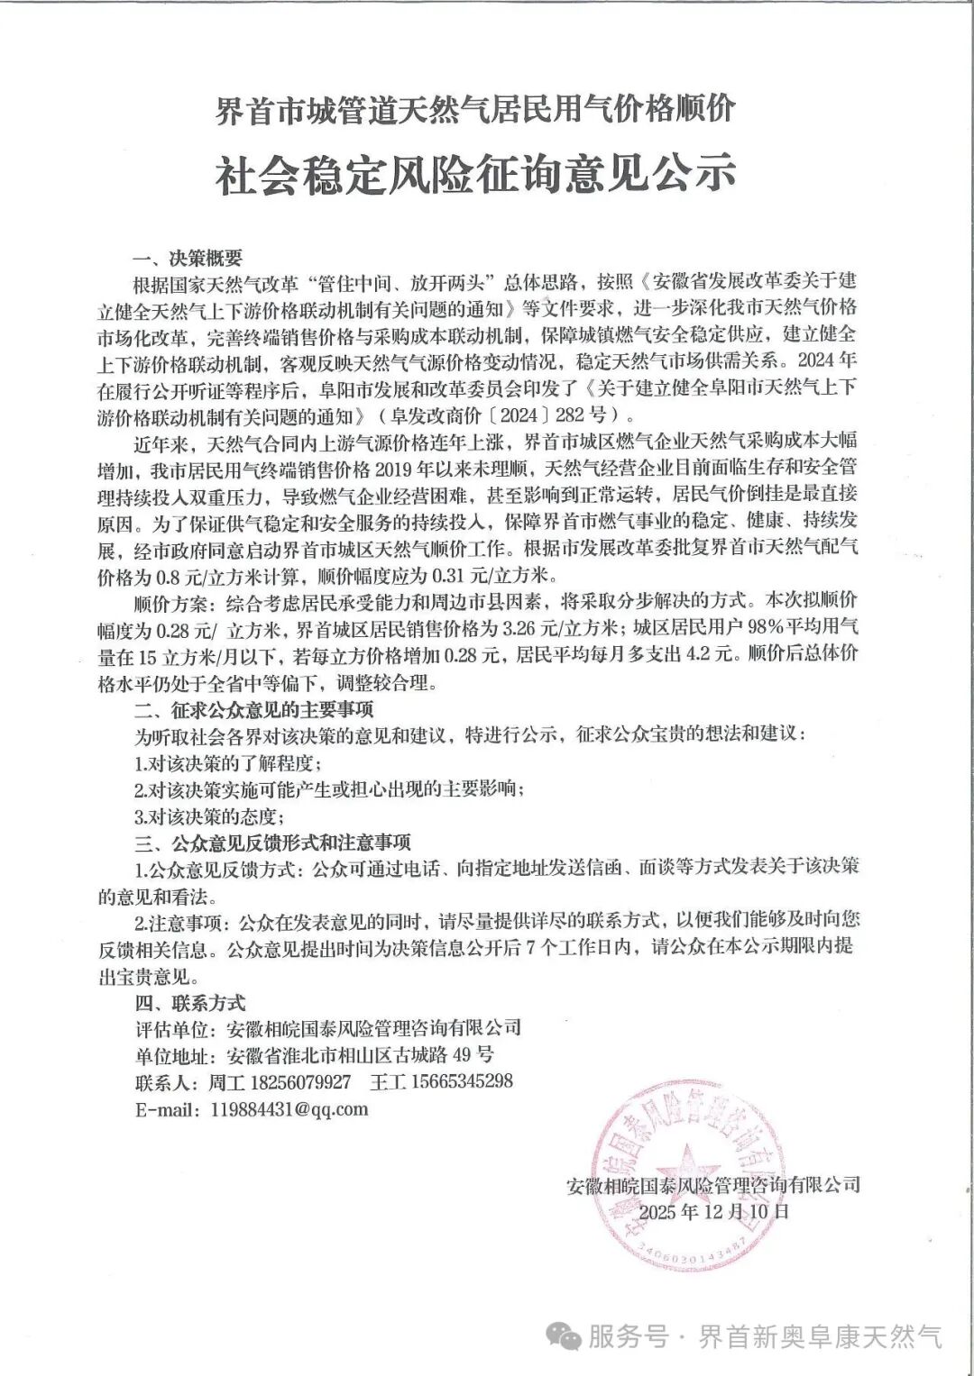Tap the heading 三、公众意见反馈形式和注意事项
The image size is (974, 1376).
271,843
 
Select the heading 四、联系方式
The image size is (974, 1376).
189,1002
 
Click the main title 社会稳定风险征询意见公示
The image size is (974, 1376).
474,173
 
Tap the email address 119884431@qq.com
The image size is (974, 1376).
289,1108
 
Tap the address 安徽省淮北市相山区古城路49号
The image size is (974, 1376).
361,1055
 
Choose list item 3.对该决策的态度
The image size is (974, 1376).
209,817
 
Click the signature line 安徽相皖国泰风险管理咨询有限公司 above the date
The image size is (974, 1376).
713,1184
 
